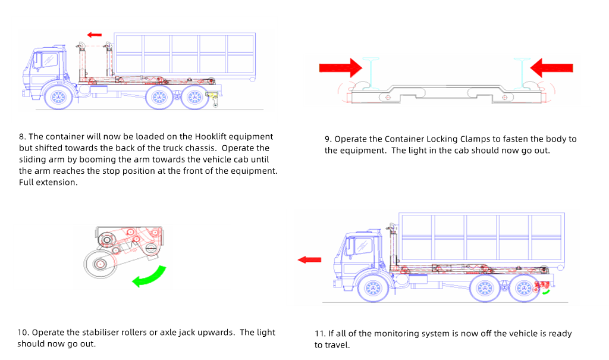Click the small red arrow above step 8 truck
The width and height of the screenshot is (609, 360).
point(95,35)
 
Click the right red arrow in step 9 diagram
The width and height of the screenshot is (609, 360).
point(551,68)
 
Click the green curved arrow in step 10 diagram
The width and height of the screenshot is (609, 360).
point(149,277)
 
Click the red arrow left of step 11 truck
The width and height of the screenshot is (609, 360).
point(309,259)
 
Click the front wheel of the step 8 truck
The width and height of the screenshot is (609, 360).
point(58,97)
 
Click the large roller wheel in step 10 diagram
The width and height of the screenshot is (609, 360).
point(99,263)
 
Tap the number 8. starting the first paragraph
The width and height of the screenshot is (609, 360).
point(23,137)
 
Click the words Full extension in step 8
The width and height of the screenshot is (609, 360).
point(48,182)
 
